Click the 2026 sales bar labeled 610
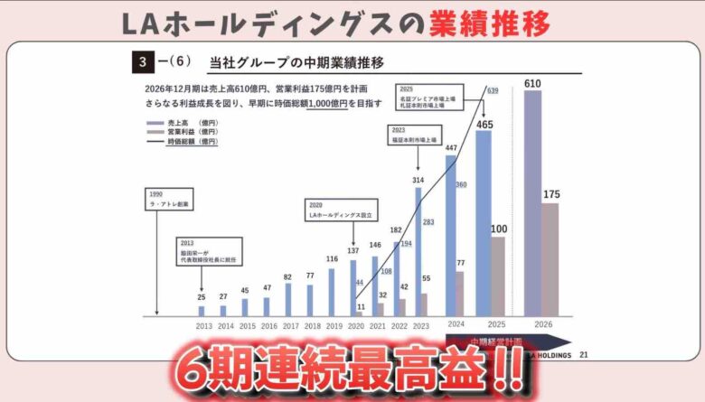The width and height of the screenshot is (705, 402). click(533, 203)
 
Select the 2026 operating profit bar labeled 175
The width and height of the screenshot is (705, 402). click(550, 259)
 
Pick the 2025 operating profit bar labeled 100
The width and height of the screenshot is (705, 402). click(498, 276)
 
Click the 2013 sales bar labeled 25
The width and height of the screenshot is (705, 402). click(202, 311)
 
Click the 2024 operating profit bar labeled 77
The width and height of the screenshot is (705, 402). click(459, 293)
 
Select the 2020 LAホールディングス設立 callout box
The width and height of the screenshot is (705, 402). click(343, 210)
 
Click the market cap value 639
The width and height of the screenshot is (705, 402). click(493, 91)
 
